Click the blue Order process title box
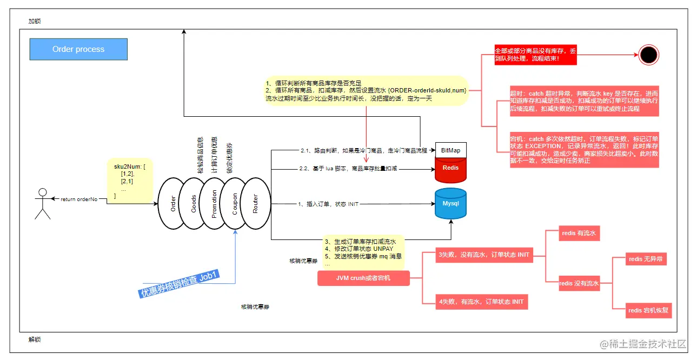(78, 49)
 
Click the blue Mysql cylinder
(450, 204)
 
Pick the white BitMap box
(450, 150)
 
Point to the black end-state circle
(648, 54)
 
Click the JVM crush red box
(363, 278)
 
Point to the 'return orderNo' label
(79, 199)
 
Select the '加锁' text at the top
(35, 22)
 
